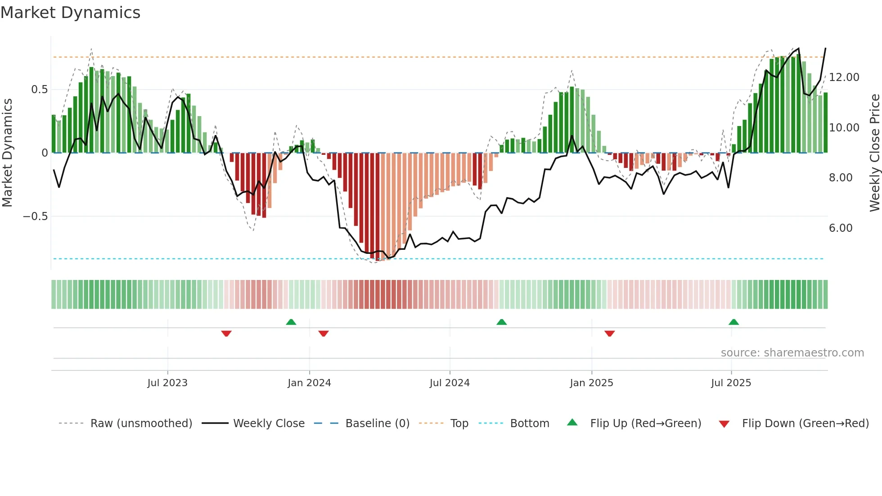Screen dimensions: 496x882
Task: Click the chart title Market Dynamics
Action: point(71,13)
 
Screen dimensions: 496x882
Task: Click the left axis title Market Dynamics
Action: point(7,153)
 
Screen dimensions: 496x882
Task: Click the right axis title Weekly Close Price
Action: point(874,153)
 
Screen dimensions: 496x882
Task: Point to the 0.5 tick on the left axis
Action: point(39,90)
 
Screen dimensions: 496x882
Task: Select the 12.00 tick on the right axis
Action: point(844,77)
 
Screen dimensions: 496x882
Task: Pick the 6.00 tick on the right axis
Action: point(840,228)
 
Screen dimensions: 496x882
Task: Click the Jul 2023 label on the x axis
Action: point(167,383)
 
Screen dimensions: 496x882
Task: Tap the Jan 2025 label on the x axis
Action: point(591,383)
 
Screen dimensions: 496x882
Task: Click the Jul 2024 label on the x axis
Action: point(450,383)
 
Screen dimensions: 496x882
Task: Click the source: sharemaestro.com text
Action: point(792,353)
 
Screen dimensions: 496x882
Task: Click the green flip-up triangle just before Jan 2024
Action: point(291,322)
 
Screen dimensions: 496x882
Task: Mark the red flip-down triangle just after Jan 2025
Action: point(610,334)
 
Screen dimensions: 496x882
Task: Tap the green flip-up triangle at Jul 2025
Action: point(733,322)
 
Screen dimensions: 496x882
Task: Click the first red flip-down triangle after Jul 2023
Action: point(226,334)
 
